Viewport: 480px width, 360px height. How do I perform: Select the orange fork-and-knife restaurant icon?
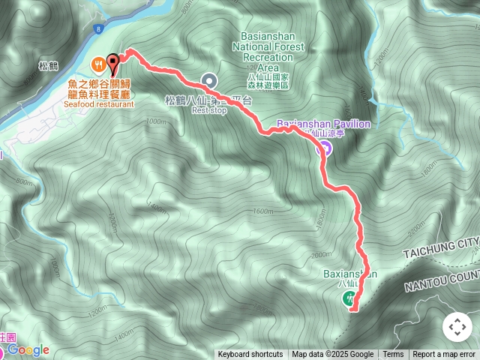point(97,64)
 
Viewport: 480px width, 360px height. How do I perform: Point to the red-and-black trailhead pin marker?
point(113,62)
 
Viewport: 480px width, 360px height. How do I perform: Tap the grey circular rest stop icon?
point(208,80)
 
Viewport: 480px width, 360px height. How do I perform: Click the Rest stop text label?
point(208,109)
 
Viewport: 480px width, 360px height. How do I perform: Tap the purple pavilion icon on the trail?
point(324,148)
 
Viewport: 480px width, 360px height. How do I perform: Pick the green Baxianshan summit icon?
point(350,299)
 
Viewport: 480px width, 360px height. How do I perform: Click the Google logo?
point(28,350)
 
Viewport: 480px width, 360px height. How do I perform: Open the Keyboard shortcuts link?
point(250,355)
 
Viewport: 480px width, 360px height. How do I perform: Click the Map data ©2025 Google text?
point(332,355)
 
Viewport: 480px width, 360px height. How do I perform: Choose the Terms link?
point(393,355)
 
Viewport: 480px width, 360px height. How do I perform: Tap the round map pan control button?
point(457,327)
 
